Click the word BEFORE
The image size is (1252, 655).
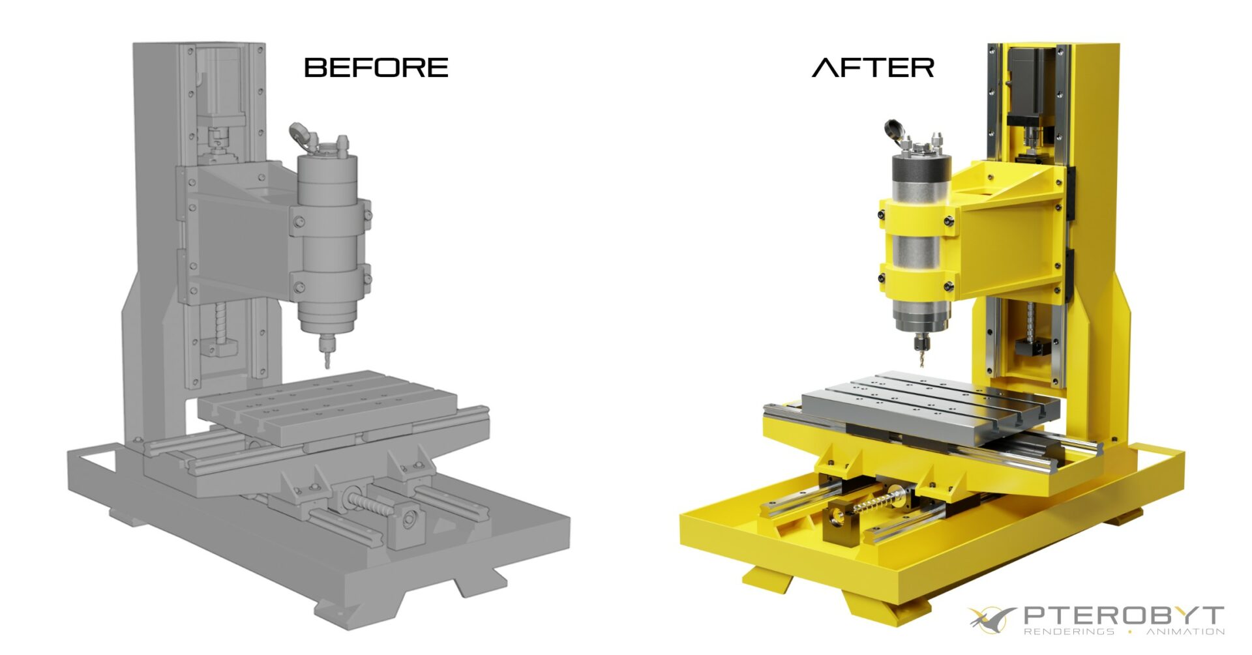point(376,68)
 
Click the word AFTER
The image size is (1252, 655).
point(873,68)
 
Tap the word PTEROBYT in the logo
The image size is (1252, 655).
point(1123,615)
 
